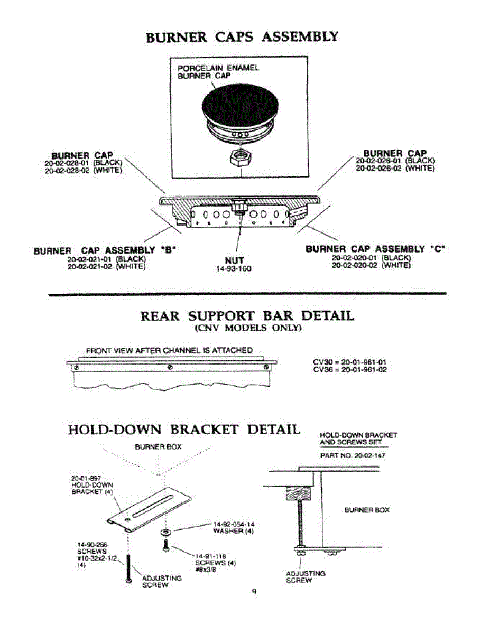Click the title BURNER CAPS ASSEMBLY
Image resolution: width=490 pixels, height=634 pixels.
click(242, 38)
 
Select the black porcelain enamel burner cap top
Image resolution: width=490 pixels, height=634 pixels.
click(241, 104)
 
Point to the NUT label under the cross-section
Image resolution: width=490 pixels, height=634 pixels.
click(234, 260)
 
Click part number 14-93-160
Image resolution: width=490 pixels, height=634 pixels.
click(234, 269)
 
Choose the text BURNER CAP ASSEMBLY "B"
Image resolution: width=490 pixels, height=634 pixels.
click(104, 250)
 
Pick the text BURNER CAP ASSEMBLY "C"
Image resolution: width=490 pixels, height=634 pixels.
click(375, 249)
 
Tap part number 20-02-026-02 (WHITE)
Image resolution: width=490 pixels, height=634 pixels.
click(395, 168)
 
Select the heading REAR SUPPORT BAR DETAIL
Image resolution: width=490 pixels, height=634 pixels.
click(247, 316)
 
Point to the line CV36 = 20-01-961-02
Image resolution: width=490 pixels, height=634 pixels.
click(350, 370)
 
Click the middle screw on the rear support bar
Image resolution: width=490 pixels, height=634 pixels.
click(170, 367)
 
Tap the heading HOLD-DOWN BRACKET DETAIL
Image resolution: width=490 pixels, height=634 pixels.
click(184, 430)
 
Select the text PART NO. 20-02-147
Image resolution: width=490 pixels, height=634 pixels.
click(353, 455)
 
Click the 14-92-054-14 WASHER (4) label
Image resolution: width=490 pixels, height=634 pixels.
click(233, 528)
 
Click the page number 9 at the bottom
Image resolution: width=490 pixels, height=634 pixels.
click(254, 592)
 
